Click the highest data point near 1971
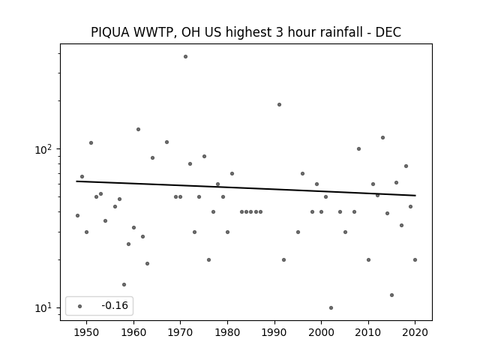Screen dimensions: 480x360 click(x=185, y=57)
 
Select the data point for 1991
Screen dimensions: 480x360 click(x=279, y=105)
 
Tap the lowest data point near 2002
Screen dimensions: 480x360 click(x=331, y=308)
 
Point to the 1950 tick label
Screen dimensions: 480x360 click(x=87, y=332)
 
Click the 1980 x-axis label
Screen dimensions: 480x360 click(x=227, y=332)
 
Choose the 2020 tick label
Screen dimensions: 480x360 click(x=415, y=332)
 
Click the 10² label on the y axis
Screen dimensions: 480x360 click(x=43, y=150)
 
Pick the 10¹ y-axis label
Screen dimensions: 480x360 click(x=43, y=308)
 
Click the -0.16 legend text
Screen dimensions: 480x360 click(x=115, y=305)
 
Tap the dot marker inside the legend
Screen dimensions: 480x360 click(x=80, y=307)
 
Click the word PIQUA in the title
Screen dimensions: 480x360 click(x=110, y=32)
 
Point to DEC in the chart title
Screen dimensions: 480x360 click(x=388, y=32)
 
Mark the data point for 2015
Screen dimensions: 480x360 click(x=391, y=295)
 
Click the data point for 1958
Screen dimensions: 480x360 click(x=124, y=285)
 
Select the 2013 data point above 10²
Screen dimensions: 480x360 click(x=382, y=138)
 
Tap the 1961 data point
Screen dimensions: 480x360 click(x=138, y=130)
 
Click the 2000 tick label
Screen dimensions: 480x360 click(x=321, y=332)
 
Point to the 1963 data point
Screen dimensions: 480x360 click(x=147, y=263)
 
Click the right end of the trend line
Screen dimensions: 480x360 click(x=415, y=195)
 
